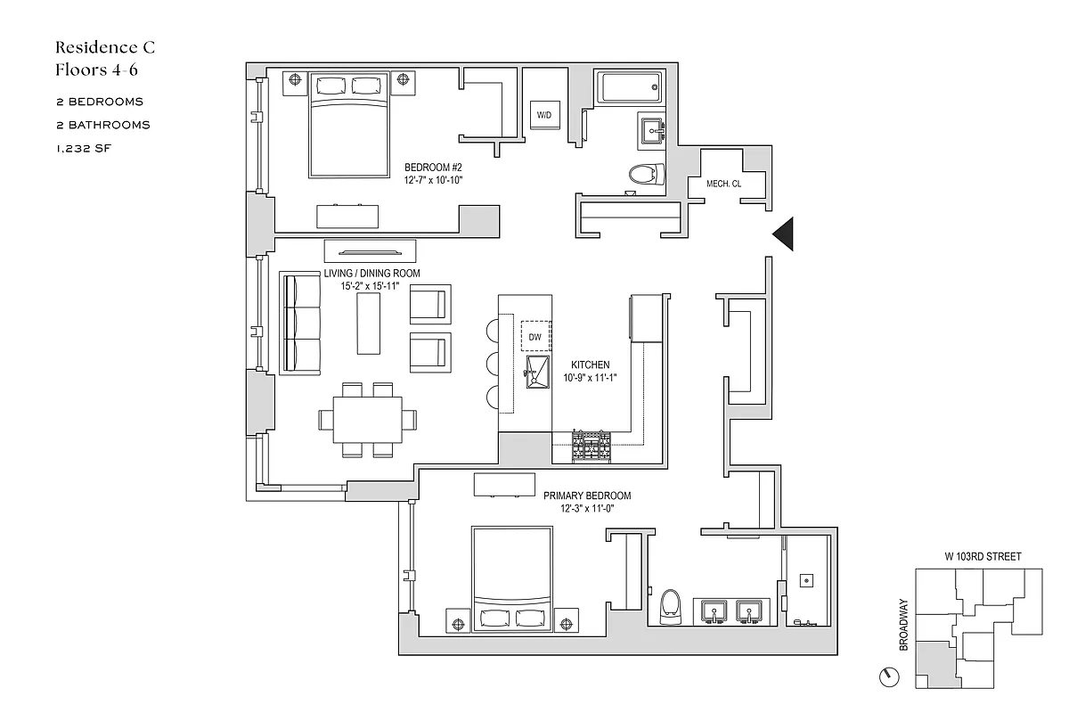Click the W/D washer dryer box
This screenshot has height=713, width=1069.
[543, 115]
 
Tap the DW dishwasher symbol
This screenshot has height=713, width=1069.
[535, 337]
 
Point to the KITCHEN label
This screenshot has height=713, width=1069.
[591, 365]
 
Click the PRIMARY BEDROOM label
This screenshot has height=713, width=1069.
[587, 496]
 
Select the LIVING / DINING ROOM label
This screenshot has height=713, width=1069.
[371, 273]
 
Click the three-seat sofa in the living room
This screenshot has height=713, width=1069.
[300, 323]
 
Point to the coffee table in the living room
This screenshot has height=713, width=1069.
[369, 323]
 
